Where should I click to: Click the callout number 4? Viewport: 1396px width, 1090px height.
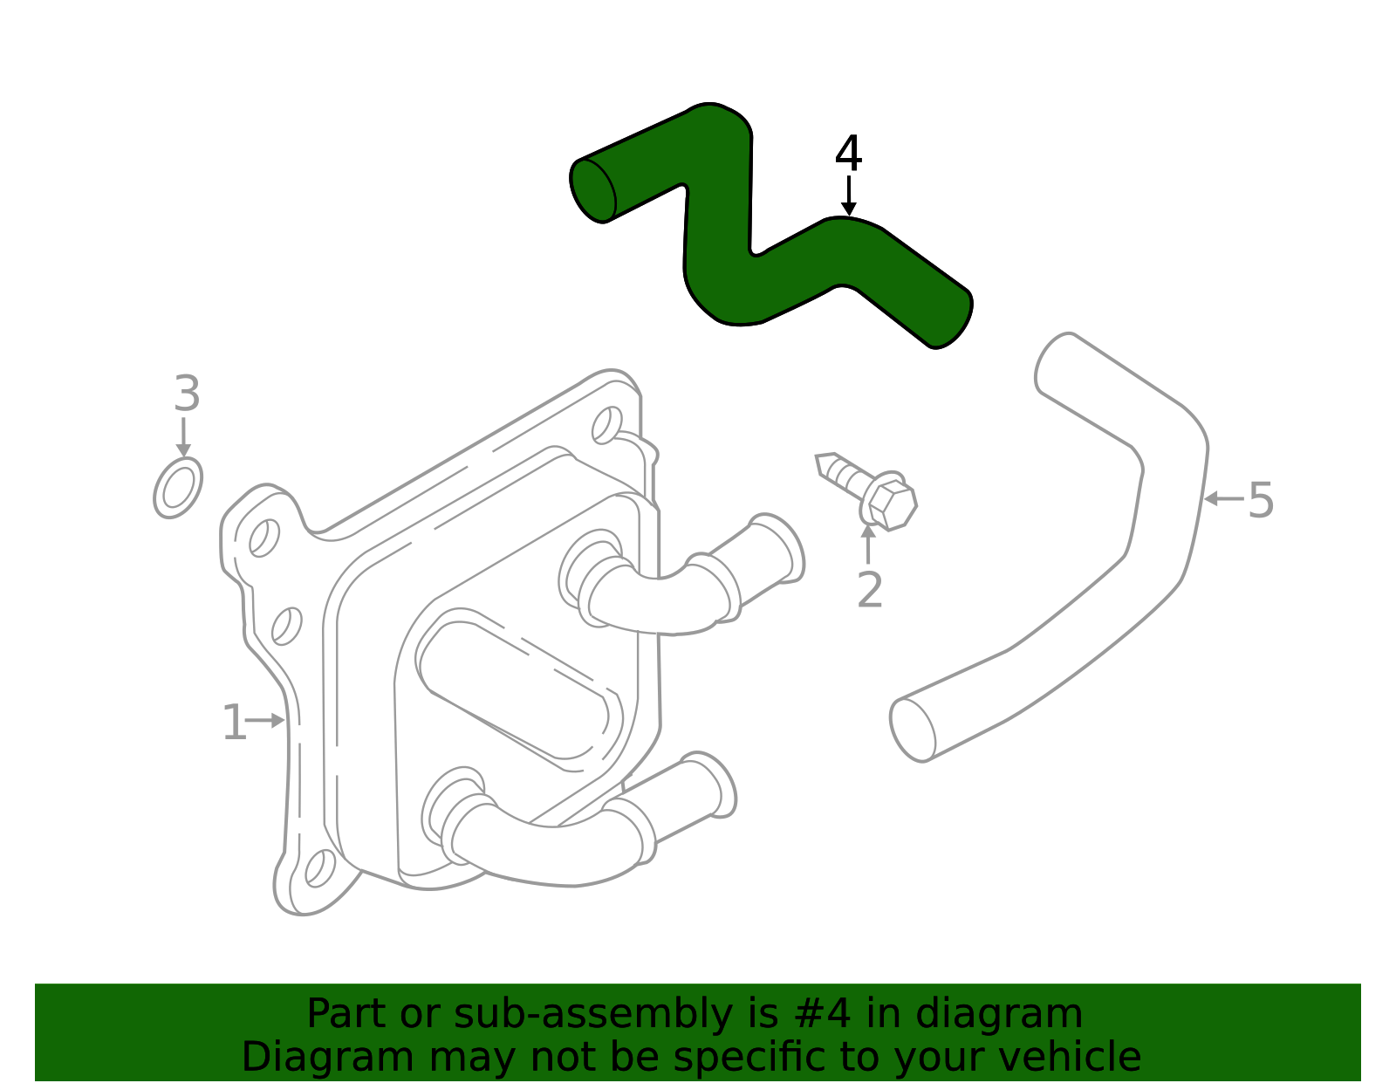tap(848, 154)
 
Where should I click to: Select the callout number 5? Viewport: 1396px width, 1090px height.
tap(1261, 500)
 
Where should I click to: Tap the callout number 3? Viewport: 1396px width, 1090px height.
tap(187, 394)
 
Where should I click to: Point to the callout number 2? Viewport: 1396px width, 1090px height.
tap(869, 590)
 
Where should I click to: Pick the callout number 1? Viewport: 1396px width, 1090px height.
tap(234, 723)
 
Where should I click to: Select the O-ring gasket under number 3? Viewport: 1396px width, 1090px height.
tap(178, 488)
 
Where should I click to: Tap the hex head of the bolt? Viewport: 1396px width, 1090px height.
tap(891, 503)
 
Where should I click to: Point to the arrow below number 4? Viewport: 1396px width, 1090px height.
tap(848, 196)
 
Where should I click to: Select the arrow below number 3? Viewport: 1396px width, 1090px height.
tap(183, 436)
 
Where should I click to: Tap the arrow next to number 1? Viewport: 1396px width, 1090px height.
tap(266, 720)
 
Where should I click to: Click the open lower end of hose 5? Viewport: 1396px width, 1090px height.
tap(913, 730)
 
